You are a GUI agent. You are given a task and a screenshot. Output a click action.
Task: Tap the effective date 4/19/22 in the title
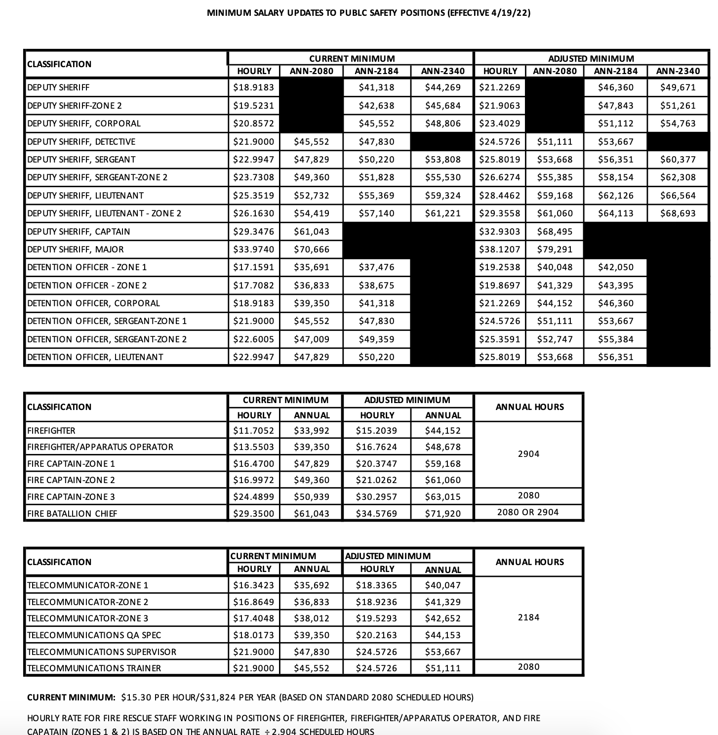point(509,13)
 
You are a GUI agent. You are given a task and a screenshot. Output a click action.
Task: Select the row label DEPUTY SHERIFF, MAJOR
point(76,249)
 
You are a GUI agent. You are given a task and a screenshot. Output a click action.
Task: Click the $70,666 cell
point(311,249)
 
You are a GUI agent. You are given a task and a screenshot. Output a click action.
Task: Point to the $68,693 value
point(678,213)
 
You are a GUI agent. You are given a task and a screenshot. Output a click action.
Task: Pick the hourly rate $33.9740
point(253,249)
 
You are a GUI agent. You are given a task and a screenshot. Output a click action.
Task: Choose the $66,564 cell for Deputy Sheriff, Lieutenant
point(678,196)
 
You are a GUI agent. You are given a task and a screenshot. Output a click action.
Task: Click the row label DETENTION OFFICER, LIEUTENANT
point(95,357)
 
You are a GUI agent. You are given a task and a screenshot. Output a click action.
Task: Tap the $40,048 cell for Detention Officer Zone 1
point(555,267)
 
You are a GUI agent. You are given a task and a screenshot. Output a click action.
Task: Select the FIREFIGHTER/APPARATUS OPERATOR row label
point(100,447)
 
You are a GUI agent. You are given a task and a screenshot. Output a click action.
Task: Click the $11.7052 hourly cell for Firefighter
point(253,431)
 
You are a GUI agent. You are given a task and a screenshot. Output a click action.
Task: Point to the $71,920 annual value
point(442,514)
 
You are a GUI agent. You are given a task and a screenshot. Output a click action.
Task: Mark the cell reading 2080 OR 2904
point(528,512)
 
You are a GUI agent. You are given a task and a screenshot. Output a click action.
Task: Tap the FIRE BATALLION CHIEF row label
point(72,514)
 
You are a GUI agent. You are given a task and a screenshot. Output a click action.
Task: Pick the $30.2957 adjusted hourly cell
point(376,497)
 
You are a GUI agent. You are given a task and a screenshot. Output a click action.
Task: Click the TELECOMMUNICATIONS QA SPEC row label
point(94,635)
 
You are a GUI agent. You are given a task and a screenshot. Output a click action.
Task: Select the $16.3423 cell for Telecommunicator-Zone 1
point(253,585)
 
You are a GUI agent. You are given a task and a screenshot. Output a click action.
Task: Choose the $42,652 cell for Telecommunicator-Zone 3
point(442,618)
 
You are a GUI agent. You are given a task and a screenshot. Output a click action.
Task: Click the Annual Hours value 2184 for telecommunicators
point(528,617)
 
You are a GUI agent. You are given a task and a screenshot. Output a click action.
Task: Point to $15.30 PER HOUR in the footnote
point(158,697)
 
